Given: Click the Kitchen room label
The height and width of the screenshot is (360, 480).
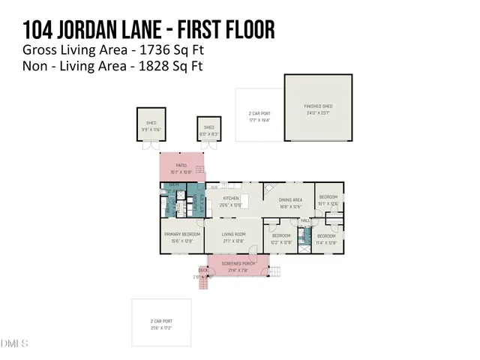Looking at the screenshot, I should (231, 198).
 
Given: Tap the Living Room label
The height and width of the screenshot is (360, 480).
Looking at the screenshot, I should (233, 235).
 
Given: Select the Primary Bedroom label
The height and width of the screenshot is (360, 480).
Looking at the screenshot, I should (181, 235).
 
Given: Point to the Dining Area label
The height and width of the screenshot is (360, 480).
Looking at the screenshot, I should (289, 200).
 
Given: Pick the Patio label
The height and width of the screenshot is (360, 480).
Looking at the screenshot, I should (180, 166).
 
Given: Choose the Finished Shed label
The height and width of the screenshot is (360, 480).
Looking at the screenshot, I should (318, 106).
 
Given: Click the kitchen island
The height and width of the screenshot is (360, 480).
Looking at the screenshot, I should (244, 202).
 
